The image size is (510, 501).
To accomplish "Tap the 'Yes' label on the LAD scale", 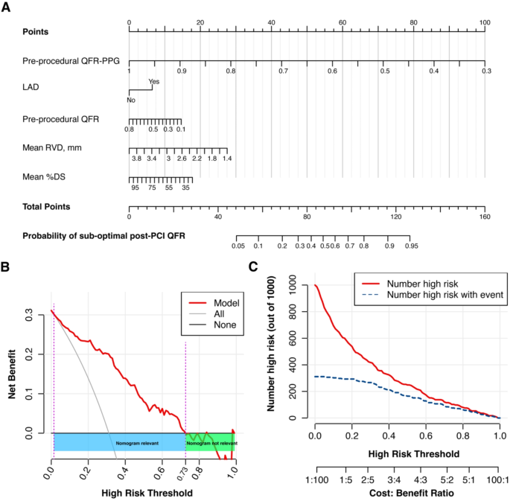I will coord(153,82).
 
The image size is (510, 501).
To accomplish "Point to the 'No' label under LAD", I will coord(131,99).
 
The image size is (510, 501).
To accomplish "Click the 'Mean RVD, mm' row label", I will coord(51,147).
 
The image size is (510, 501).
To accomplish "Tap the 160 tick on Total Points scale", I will coord(484,217).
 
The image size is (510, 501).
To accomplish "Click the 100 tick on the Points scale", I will coord(484,23).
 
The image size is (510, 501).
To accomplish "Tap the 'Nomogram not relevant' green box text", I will coord(211,442).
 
